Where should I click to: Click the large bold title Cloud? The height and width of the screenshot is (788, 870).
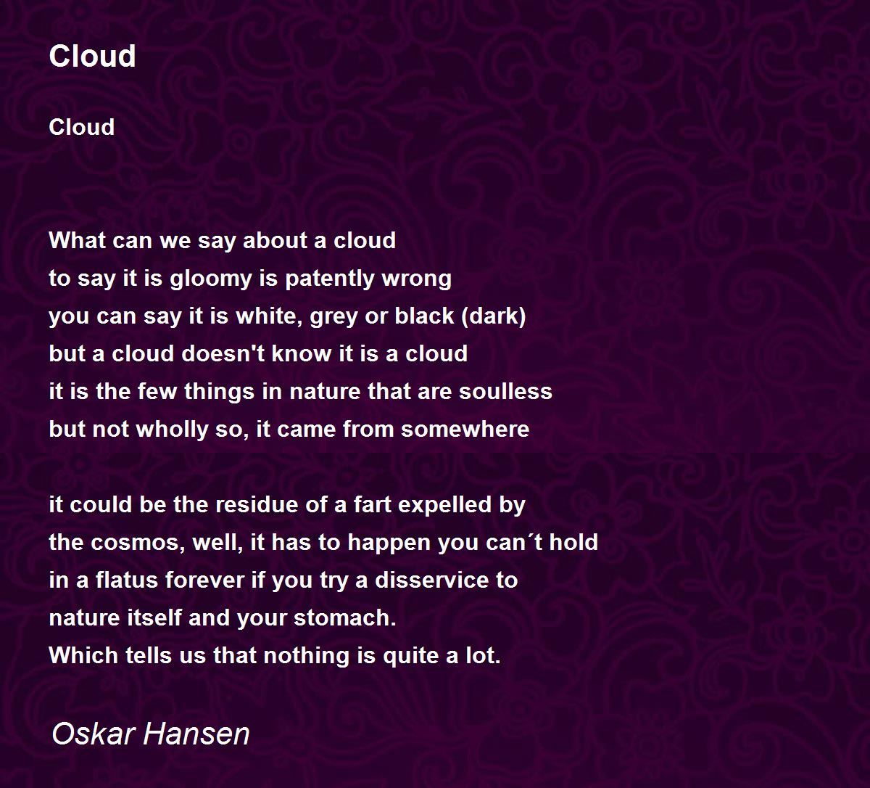[92, 56]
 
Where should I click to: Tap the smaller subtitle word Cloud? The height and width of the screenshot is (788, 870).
[81, 127]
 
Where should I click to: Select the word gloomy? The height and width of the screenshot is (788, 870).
[211, 279]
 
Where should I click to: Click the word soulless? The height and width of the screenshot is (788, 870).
[506, 391]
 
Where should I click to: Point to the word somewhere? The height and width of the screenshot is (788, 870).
[465, 429]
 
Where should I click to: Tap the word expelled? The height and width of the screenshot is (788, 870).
[444, 505]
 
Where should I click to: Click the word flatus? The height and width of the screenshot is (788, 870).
[127, 580]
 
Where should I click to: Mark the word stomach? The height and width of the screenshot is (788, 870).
[345, 617]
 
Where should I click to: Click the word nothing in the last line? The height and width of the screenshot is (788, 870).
[306, 656]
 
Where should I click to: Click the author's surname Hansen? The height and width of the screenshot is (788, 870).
[196, 734]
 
